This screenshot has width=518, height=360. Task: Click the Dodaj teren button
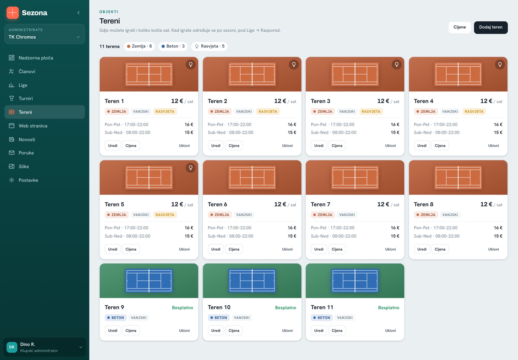coord(491,27)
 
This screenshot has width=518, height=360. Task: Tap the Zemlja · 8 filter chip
coord(139,46)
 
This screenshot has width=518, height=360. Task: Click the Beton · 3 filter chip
coord(173,46)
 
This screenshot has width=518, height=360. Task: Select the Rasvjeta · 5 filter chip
coord(209,46)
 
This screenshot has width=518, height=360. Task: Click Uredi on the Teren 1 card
coord(113,145)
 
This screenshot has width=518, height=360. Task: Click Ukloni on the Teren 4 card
coord(493,145)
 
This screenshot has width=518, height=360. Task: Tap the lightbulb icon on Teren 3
coord(396,64)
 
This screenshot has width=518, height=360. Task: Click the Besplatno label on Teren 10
coord(285,307)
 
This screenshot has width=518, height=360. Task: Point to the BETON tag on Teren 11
coord(322,318)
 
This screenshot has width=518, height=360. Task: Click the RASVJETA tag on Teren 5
coord(165,215)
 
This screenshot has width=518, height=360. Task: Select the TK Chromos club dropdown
coord(44,34)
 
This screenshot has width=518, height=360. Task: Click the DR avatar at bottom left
coord(12,347)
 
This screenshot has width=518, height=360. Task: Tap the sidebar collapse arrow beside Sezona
coord(78,13)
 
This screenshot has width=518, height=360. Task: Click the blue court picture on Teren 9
coord(149,280)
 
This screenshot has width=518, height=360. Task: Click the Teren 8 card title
coord(423,204)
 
